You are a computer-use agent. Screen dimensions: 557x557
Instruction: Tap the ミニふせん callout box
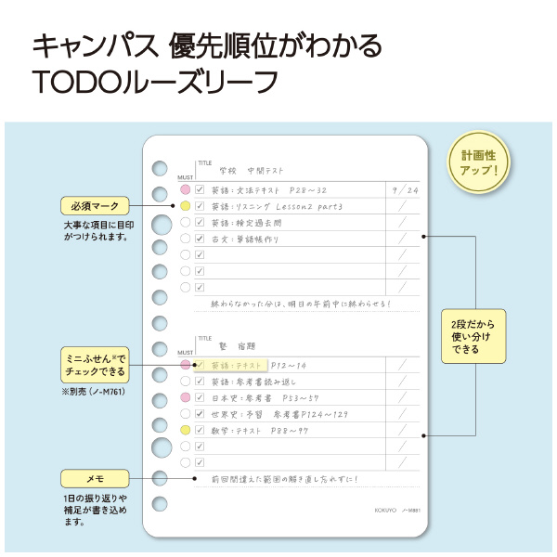96,365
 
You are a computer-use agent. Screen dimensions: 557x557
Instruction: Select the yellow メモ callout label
95,479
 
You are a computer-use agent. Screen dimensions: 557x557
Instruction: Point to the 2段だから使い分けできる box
473,335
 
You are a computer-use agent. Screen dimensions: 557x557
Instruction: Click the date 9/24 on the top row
405,189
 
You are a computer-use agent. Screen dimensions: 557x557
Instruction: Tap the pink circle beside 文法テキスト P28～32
186,190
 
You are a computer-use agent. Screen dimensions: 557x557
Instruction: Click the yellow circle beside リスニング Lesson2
186,206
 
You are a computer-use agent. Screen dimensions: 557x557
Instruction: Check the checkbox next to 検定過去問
200,223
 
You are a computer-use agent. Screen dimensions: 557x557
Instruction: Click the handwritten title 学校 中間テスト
251,171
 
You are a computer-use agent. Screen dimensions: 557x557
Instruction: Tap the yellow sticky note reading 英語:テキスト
232,366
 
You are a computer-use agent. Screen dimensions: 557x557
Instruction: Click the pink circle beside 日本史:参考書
186,397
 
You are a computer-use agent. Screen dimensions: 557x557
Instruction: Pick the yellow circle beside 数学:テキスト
186,430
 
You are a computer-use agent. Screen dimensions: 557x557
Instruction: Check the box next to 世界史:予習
200,414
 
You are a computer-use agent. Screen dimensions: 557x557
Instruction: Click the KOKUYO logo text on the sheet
386,510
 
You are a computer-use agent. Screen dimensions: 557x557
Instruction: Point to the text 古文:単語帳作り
245,239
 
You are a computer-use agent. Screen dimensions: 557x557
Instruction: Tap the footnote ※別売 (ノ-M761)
94,392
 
